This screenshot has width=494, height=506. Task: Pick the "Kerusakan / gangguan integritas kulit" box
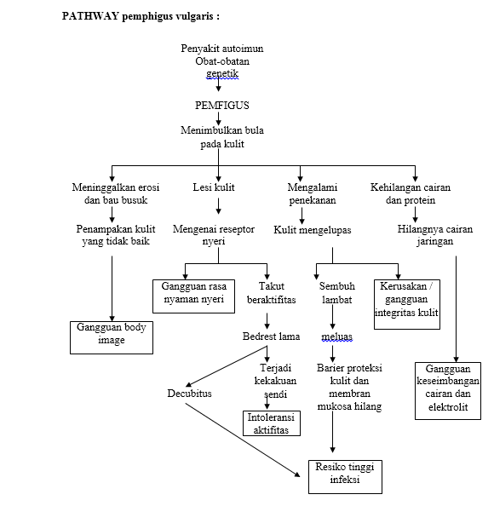pyautogui.click(x=407, y=300)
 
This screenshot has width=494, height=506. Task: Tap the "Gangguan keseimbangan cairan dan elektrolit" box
pyautogui.click(x=448, y=388)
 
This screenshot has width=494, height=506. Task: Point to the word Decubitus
pyautogui.click(x=189, y=394)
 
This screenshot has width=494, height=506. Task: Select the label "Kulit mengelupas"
pyautogui.click(x=313, y=230)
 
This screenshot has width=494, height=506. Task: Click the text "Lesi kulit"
pyautogui.click(x=214, y=187)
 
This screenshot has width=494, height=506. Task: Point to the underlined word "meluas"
pyautogui.click(x=336, y=336)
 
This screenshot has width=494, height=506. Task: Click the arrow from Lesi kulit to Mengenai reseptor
pyautogui.click(x=220, y=206)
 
